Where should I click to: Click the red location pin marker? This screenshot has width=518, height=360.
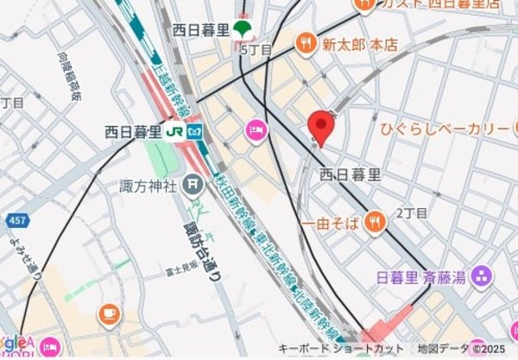tap(321, 128)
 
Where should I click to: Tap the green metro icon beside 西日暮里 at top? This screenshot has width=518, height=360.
tap(243, 29)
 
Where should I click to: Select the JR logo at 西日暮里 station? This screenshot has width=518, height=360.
tap(175, 132)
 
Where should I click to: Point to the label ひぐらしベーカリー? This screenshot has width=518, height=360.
tap(445, 129)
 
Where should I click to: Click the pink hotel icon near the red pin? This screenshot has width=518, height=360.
tap(256, 130)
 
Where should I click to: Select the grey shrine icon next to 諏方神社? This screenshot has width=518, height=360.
tap(193, 184)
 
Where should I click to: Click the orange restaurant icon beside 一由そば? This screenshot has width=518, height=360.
tap(374, 224)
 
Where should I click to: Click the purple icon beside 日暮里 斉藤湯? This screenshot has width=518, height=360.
tap(481, 277)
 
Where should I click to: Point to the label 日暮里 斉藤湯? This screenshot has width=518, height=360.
tap(422, 278)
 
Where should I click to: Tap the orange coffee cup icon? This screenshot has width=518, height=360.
tap(110, 313)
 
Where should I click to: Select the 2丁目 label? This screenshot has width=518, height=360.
tap(412, 212)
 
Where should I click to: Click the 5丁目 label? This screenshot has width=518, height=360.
tap(256, 50)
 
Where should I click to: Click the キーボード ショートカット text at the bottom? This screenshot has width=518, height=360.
tap(341, 349)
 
